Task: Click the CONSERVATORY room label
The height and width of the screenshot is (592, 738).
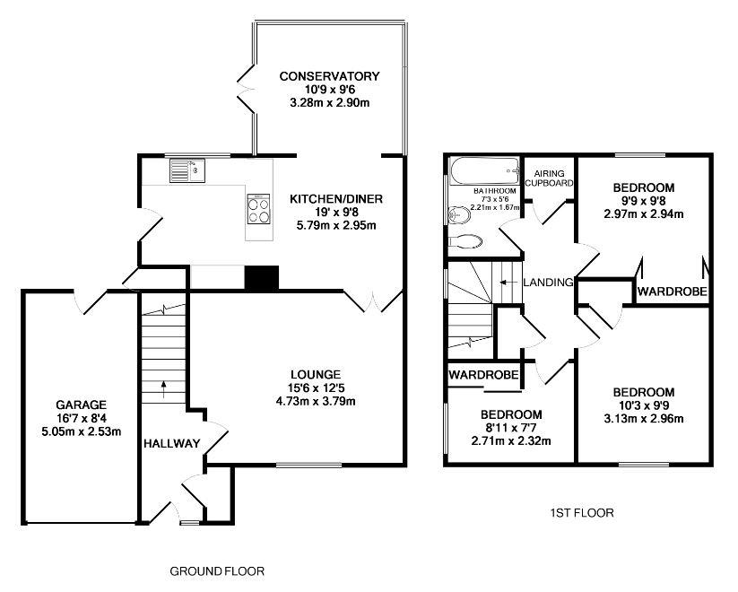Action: tap(330, 76)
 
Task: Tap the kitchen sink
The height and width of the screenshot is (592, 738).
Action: tap(186, 168)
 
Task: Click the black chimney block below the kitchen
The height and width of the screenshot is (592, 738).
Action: tap(261, 278)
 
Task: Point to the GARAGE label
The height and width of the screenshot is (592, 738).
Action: tap(82, 405)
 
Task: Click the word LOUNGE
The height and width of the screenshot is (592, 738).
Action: tap(315, 374)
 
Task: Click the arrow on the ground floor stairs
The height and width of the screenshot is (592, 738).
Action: tap(163, 387)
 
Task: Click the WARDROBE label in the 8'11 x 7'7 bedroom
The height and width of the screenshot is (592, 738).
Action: tap(483, 373)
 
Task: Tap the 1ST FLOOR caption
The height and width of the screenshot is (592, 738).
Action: tap(580, 514)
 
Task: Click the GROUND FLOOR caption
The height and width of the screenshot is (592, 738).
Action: tap(217, 570)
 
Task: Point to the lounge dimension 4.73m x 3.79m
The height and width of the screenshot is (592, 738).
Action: tap(315, 401)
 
